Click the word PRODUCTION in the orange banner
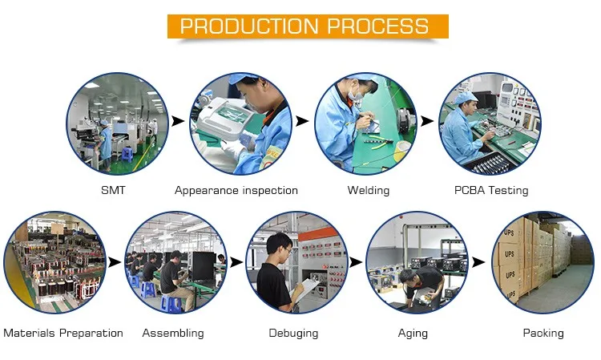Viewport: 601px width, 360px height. (x=249, y=26)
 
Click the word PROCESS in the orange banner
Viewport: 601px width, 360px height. (x=378, y=26)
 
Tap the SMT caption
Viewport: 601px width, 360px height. (x=113, y=190)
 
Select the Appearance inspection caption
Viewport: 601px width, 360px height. (x=236, y=191)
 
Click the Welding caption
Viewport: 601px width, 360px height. (x=369, y=191)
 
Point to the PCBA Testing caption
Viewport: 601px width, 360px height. (x=491, y=190)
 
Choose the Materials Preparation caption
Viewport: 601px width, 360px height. (x=63, y=333)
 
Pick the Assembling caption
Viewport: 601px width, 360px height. (x=173, y=334)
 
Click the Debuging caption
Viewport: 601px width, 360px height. (x=293, y=334)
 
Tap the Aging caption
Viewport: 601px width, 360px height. (x=413, y=334)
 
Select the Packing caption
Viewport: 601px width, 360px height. (x=543, y=334)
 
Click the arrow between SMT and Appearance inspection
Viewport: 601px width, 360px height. (x=178, y=121)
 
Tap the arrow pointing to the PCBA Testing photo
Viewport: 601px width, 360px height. (x=427, y=121)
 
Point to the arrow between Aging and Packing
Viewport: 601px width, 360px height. (x=478, y=262)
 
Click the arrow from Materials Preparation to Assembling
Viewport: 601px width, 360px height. (x=115, y=263)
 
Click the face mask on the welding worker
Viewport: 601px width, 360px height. (x=356, y=96)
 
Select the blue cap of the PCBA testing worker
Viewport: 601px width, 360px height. (x=464, y=97)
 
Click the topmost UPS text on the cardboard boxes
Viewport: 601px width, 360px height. (x=509, y=233)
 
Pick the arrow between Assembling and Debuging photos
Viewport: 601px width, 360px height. (x=236, y=263)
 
